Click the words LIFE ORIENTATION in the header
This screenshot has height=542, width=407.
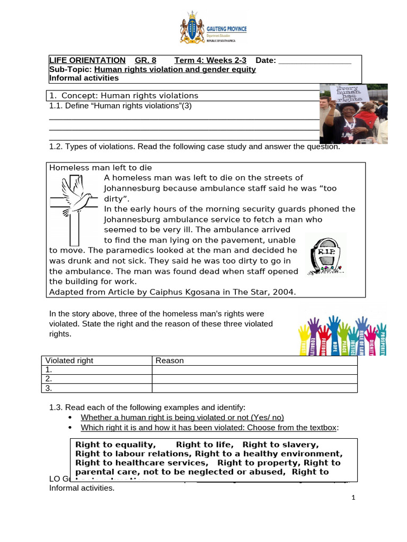tap(87, 60)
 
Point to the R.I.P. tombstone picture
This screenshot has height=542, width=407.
tap(325, 255)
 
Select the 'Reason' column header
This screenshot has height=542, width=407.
tap(170, 360)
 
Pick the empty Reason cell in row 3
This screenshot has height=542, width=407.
tap(254, 388)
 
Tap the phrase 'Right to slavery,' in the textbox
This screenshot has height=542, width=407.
tap(281, 445)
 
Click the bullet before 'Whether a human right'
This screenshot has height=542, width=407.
tap(71, 418)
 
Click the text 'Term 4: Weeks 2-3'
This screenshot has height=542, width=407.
tap(210, 60)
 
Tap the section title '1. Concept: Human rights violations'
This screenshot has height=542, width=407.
tap(123, 96)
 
